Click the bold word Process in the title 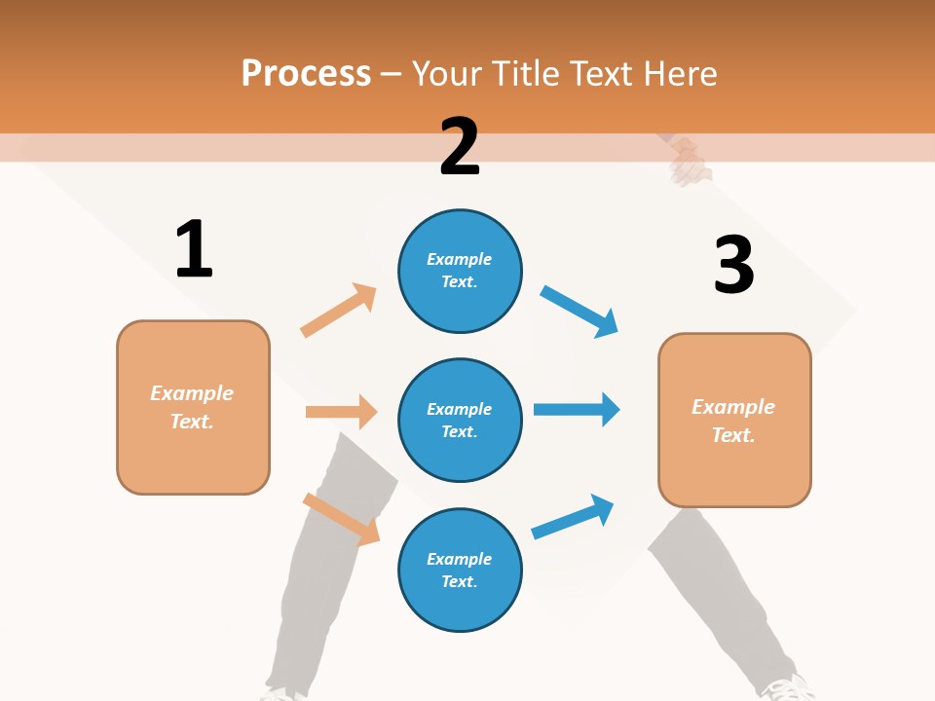(x=306, y=74)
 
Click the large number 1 (x=194, y=249)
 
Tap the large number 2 (x=460, y=147)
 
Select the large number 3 (x=733, y=266)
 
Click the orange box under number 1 (x=193, y=407)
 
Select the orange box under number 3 (x=734, y=420)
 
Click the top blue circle (x=460, y=271)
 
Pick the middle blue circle (x=460, y=420)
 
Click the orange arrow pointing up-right (x=338, y=311)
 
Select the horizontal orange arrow (x=341, y=412)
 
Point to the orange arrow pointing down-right (x=341, y=519)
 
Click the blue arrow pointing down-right (x=580, y=312)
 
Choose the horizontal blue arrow (x=577, y=409)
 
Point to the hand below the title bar (x=690, y=162)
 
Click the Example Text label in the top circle (x=460, y=271)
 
